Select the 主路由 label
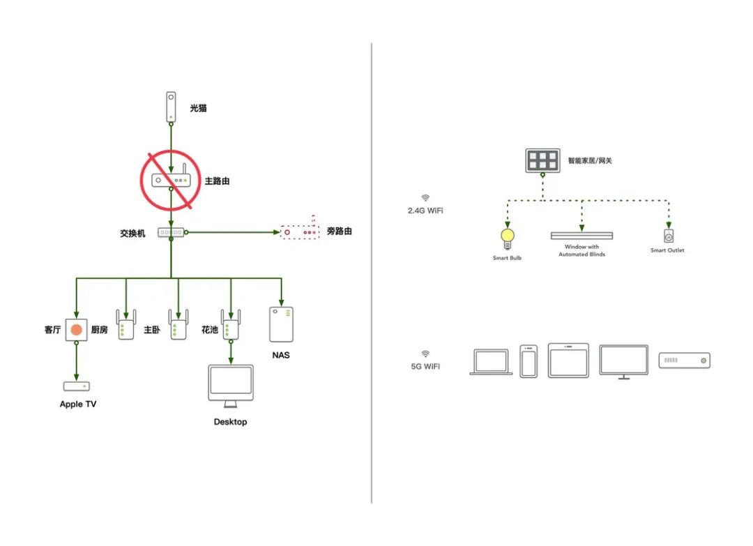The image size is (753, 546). pos(217,181)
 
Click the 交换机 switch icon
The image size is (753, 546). pos(171,232)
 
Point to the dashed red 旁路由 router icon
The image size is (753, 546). pos(298,232)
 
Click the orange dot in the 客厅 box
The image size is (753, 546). pos(77,329)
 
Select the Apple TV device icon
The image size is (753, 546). pos(77,386)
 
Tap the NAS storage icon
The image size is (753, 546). pos(281,324)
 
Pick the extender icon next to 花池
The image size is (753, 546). pos(231,326)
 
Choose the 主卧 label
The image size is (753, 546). pos(152,330)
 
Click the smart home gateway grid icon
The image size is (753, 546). pos(542,160)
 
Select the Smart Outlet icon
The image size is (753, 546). pos(668,235)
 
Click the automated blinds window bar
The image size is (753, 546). pos(581,236)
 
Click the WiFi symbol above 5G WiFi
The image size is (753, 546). pos(425,354)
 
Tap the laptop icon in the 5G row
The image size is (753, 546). pos(491,363)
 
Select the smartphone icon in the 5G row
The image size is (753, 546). pos(528,361)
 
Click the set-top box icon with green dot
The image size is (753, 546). pos(684,361)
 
